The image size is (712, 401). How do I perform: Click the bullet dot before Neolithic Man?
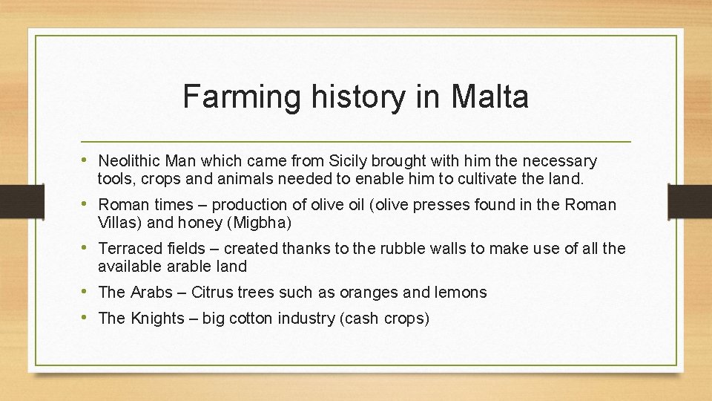(x=88, y=160)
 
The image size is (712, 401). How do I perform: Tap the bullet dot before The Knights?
(x=88, y=318)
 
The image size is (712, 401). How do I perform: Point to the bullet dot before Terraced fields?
(x=88, y=248)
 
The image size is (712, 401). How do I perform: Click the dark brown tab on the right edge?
(x=689, y=201)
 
